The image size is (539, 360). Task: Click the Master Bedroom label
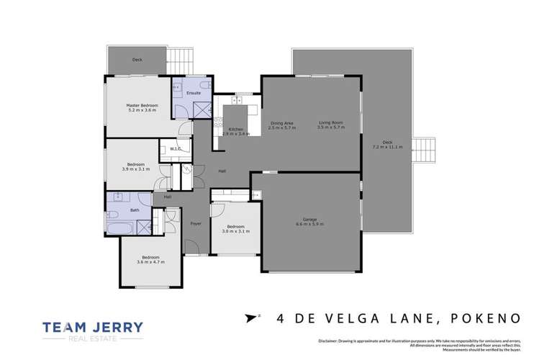142,105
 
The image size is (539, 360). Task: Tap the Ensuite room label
194,93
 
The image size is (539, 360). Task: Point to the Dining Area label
281,123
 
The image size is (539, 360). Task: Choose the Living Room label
332,123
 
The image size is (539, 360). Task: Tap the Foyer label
195,223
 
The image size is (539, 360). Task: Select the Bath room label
135,210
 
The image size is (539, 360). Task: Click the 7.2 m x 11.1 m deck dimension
387,146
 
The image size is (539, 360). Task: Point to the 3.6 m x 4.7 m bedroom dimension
150,261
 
